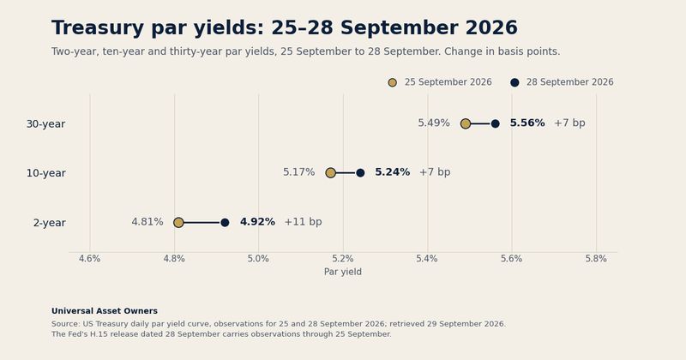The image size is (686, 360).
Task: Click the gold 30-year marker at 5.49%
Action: point(466,123)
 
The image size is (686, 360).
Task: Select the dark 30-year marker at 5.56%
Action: point(496,123)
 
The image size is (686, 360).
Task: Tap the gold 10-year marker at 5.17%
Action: point(331,173)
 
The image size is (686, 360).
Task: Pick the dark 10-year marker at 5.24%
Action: point(360,173)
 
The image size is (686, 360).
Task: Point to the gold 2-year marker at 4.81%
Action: point(178,223)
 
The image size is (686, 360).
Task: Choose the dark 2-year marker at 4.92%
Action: point(225,223)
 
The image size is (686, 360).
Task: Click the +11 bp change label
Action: point(304,222)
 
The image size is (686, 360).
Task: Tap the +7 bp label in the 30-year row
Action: point(569,123)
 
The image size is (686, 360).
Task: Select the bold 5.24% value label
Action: point(393,172)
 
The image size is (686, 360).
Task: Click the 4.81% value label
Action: point(147,222)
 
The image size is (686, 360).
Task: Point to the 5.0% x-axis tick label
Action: point(258,259)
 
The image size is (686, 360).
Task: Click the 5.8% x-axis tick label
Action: point(596,259)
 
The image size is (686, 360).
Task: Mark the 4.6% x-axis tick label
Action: point(90,259)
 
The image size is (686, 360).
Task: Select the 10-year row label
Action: point(46,173)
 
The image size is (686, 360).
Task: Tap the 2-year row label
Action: point(50,223)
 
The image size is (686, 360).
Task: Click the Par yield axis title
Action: point(343,272)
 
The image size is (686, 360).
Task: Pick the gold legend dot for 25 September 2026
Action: point(393,82)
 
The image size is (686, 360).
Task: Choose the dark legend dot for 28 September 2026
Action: point(515,82)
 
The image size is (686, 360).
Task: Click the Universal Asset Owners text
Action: point(105,311)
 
